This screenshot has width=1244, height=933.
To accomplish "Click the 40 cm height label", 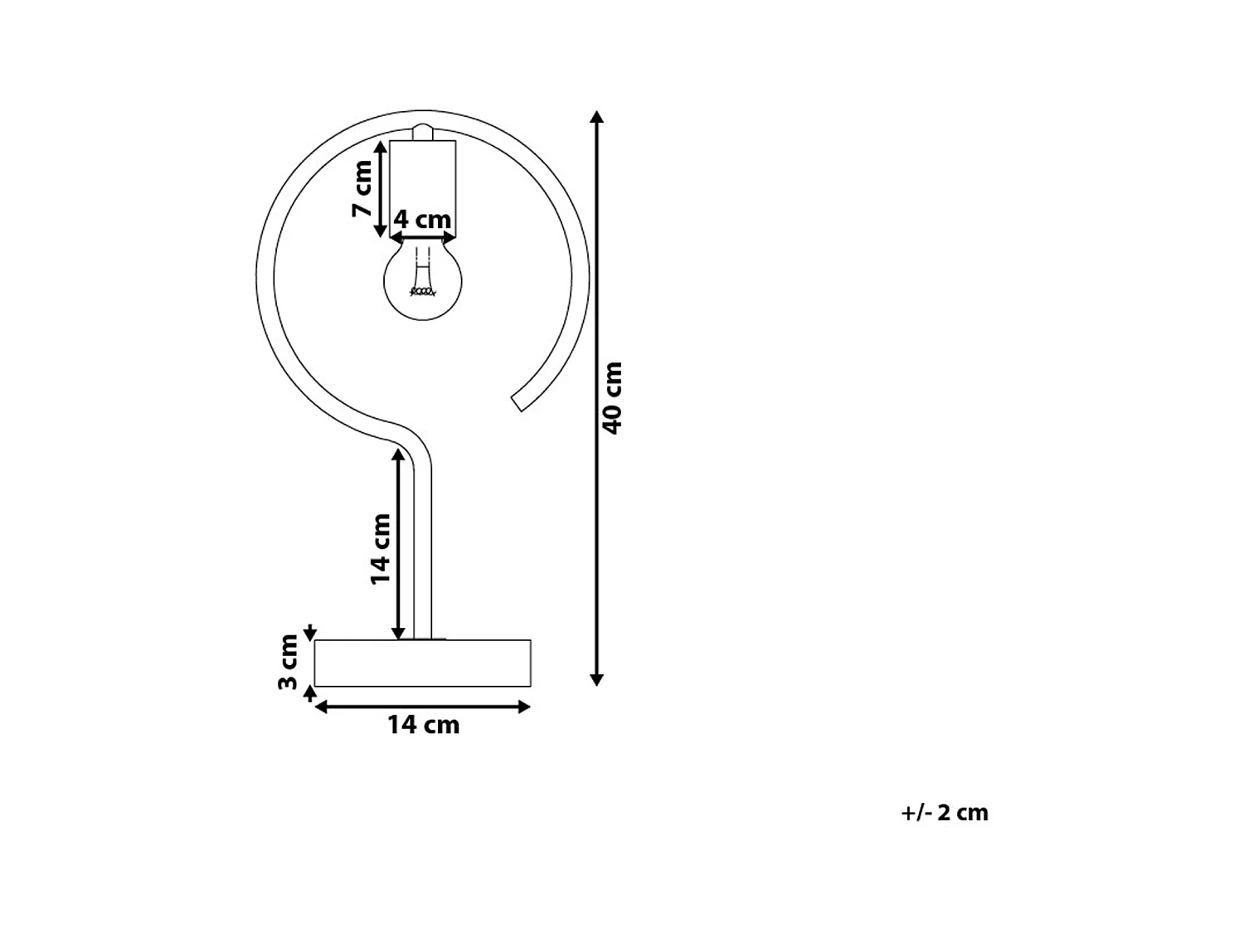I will coord(612,397).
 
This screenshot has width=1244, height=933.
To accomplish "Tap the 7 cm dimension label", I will coord(362,188).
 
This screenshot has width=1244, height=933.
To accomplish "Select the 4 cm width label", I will coord(422,220).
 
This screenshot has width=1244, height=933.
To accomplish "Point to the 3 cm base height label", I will coord(288,661).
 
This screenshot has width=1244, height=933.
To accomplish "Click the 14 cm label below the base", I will coord(423,725).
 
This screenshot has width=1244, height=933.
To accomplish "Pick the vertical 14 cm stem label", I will coord(380,548).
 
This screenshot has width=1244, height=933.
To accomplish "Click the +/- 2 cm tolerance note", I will coord(945,813).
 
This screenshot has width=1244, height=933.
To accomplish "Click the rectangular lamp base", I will coord(423,663).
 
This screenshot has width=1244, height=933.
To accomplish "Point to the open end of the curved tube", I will coord(518,403).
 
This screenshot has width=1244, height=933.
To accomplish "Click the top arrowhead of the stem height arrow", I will coord(398,454).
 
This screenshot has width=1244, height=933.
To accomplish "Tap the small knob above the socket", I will coord(423,132).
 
